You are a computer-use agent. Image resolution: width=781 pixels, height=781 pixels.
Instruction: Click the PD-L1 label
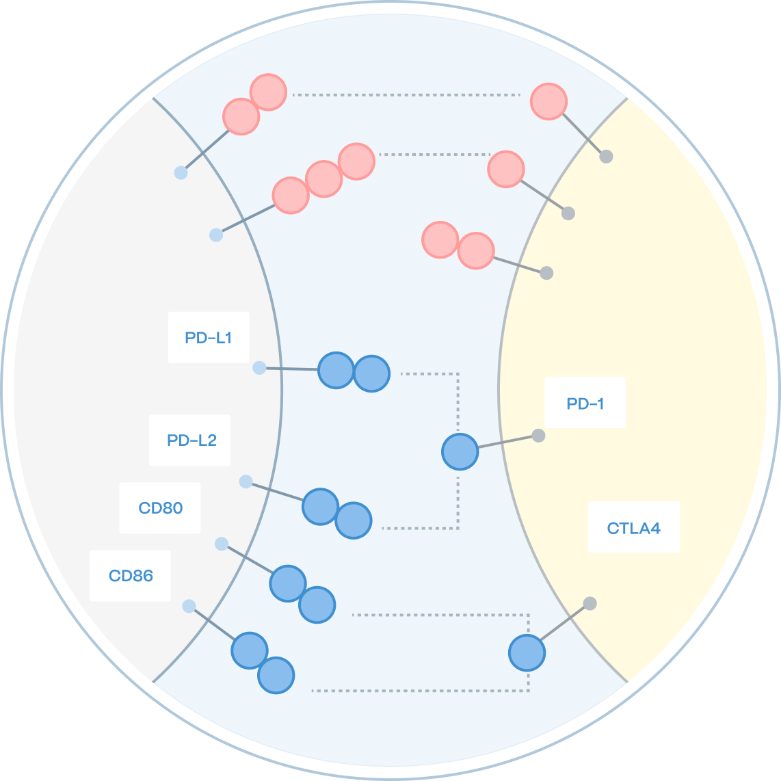pos(209,338)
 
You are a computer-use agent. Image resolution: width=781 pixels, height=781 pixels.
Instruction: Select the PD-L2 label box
pos(191,440)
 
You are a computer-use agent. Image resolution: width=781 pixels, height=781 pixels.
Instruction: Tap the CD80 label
pos(161,508)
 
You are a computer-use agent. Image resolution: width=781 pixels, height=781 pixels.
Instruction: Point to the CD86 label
pos(131,576)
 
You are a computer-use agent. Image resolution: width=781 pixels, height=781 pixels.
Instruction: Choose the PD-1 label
pos(585,403)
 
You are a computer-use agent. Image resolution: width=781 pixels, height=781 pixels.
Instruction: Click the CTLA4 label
pos(633,528)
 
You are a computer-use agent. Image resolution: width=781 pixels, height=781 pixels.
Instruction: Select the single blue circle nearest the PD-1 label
pos(460,451)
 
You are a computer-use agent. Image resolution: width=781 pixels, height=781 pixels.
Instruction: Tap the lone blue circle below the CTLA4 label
pos(527,652)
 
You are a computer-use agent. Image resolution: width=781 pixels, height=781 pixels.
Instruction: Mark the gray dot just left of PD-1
pos(538,436)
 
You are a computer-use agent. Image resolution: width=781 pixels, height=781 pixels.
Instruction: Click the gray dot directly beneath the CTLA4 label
pos(590,603)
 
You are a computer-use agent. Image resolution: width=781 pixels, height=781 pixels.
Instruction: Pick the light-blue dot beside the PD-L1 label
pos(259,368)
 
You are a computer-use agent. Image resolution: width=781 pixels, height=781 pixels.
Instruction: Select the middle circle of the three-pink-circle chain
pos(323,179)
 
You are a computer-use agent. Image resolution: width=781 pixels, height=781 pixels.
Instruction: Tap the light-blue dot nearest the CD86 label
pos(189,606)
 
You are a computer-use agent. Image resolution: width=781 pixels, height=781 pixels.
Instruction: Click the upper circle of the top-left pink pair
pos(268,92)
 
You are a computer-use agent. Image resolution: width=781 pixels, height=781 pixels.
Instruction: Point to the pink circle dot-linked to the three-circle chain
pos(506,170)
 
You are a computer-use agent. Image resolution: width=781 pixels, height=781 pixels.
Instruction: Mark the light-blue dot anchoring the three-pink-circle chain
pos(216,235)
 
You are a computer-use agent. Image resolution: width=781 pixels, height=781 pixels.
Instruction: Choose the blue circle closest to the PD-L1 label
pos(336,370)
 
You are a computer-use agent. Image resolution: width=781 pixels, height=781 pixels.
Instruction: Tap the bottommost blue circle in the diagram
pos(276,675)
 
